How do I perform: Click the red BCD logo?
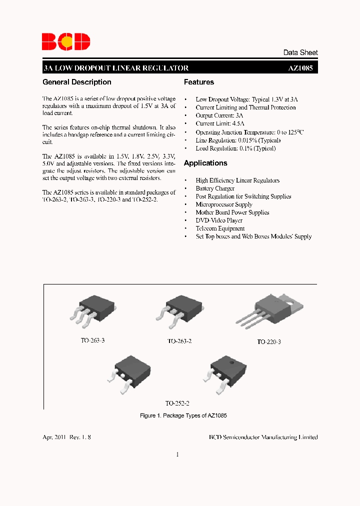65,41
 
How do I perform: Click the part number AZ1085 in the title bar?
302,68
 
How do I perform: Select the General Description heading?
77,82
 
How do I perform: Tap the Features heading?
199,82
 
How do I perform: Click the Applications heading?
205,163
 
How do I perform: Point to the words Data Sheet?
300,52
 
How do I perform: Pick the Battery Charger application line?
215,188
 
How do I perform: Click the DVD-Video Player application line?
219,220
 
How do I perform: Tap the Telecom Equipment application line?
220,228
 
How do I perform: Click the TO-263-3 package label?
93,340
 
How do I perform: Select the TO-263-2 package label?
179,341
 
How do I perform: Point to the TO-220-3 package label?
269,342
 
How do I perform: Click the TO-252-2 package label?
177,403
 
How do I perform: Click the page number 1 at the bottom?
177,454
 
